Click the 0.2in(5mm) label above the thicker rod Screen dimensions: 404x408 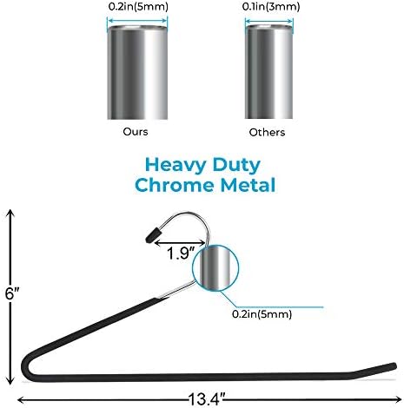click(138, 7)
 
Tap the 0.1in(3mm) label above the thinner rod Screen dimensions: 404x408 click(271, 7)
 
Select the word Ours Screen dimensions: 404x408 click(136, 132)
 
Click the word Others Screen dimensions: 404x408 click(267, 132)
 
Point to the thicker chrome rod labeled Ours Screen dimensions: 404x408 click(137, 72)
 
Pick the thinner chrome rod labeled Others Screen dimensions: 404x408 click(268, 72)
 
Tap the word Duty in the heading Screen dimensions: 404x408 click(236, 166)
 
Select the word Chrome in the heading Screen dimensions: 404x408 click(176, 185)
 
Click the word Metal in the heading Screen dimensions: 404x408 click(248, 185)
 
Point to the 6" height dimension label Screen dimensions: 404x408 click(12, 293)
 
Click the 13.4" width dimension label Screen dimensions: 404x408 click(207, 399)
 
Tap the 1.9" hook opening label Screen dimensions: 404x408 click(182, 253)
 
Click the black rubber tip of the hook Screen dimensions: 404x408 click(153, 235)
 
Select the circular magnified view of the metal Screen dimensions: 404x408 click(215, 268)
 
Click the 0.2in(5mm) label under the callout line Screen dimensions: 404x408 click(262, 314)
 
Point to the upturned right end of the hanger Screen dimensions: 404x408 click(376, 370)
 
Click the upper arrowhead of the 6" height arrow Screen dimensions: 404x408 click(10, 214)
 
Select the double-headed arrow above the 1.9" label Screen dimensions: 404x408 click(181, 243)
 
